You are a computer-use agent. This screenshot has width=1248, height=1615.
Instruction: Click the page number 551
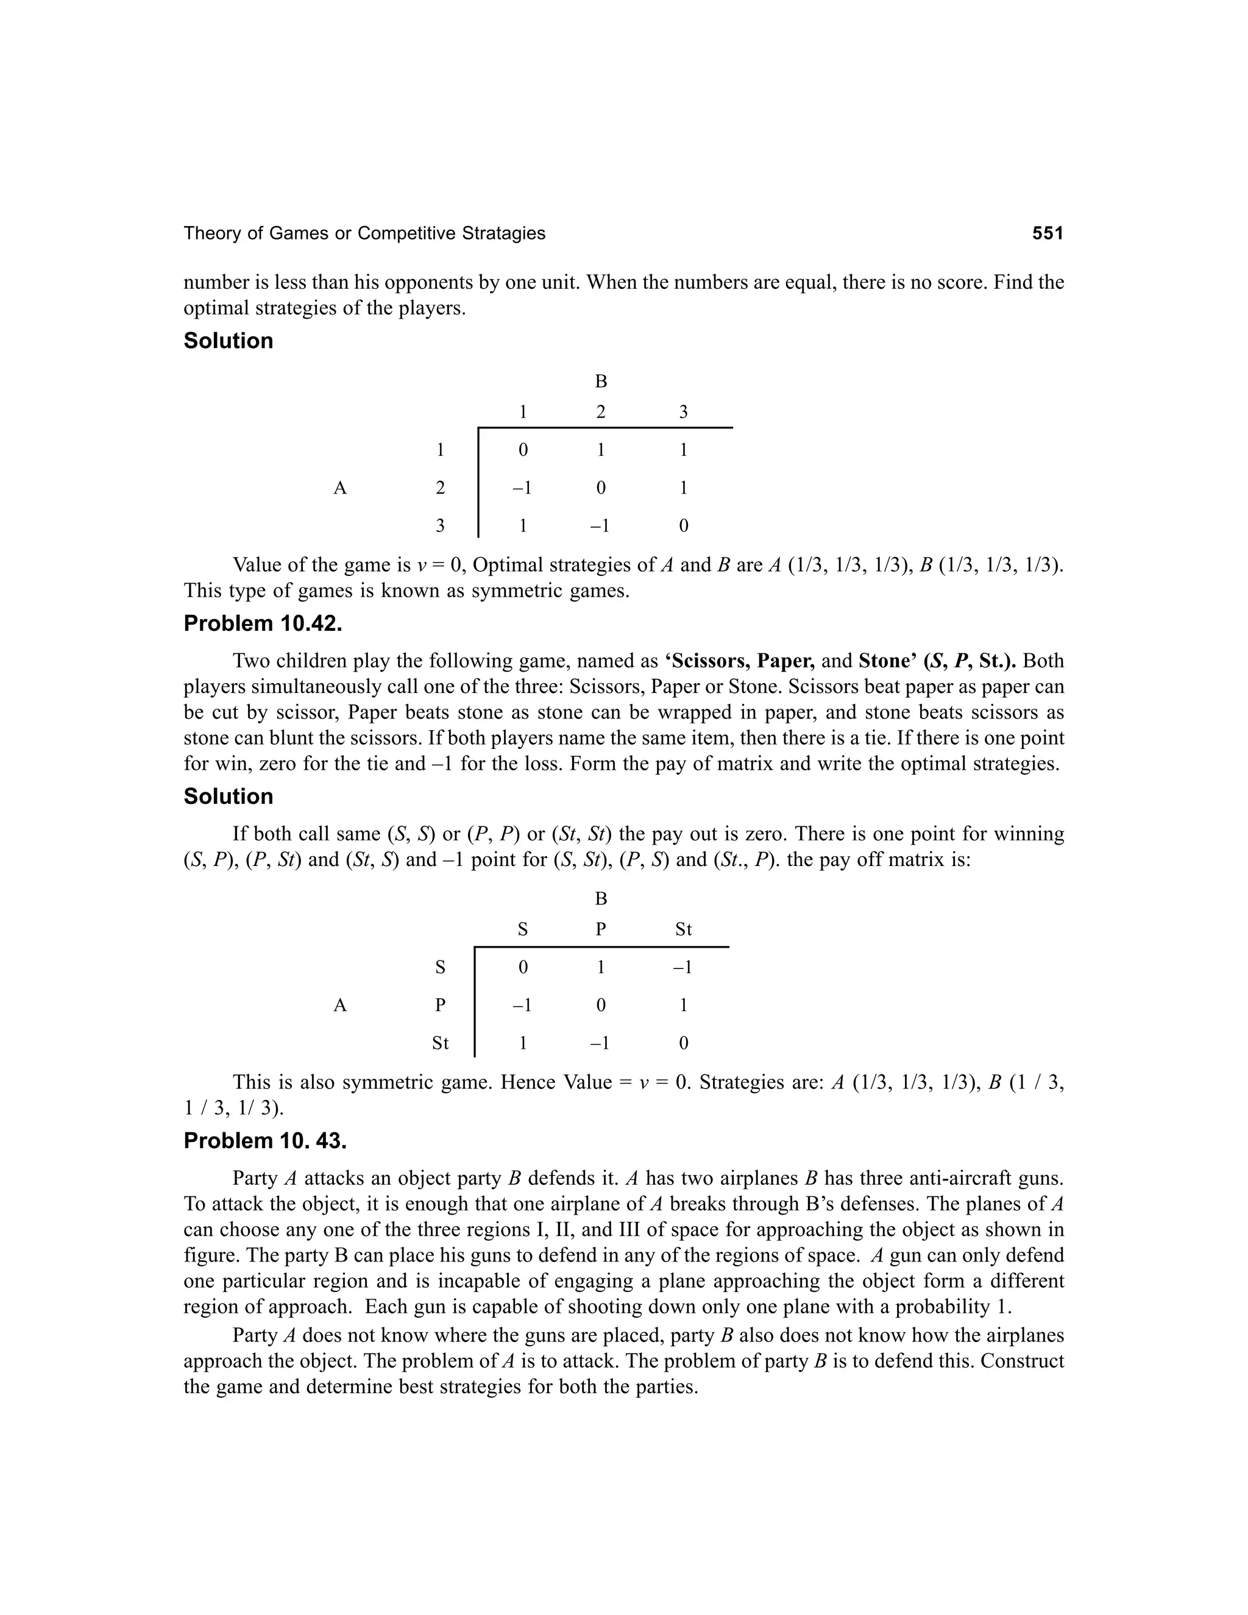1047,233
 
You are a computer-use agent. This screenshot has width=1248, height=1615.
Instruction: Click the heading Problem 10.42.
263,623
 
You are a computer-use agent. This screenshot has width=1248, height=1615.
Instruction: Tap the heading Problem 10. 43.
264,1141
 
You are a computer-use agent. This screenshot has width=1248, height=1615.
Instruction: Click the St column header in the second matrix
683,929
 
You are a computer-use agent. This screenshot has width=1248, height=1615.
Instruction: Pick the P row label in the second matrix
440,1005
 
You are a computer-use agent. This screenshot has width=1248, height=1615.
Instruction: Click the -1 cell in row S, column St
682,967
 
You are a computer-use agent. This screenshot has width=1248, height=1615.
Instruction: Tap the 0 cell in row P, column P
600,1005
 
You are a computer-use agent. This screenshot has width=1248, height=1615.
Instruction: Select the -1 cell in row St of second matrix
600,1043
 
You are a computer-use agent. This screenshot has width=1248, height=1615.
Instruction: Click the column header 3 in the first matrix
683,412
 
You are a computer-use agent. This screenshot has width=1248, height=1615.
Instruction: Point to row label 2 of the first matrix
440,488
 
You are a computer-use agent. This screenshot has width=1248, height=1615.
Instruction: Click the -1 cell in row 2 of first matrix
522,488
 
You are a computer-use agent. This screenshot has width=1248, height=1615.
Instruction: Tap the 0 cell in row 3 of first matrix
683,526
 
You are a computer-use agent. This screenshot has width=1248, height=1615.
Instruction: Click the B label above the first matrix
600,382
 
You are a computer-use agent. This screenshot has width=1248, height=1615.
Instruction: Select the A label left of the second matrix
339,1005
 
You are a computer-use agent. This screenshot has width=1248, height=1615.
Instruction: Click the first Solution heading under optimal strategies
228,341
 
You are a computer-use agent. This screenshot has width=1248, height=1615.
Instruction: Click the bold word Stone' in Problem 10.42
887,661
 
